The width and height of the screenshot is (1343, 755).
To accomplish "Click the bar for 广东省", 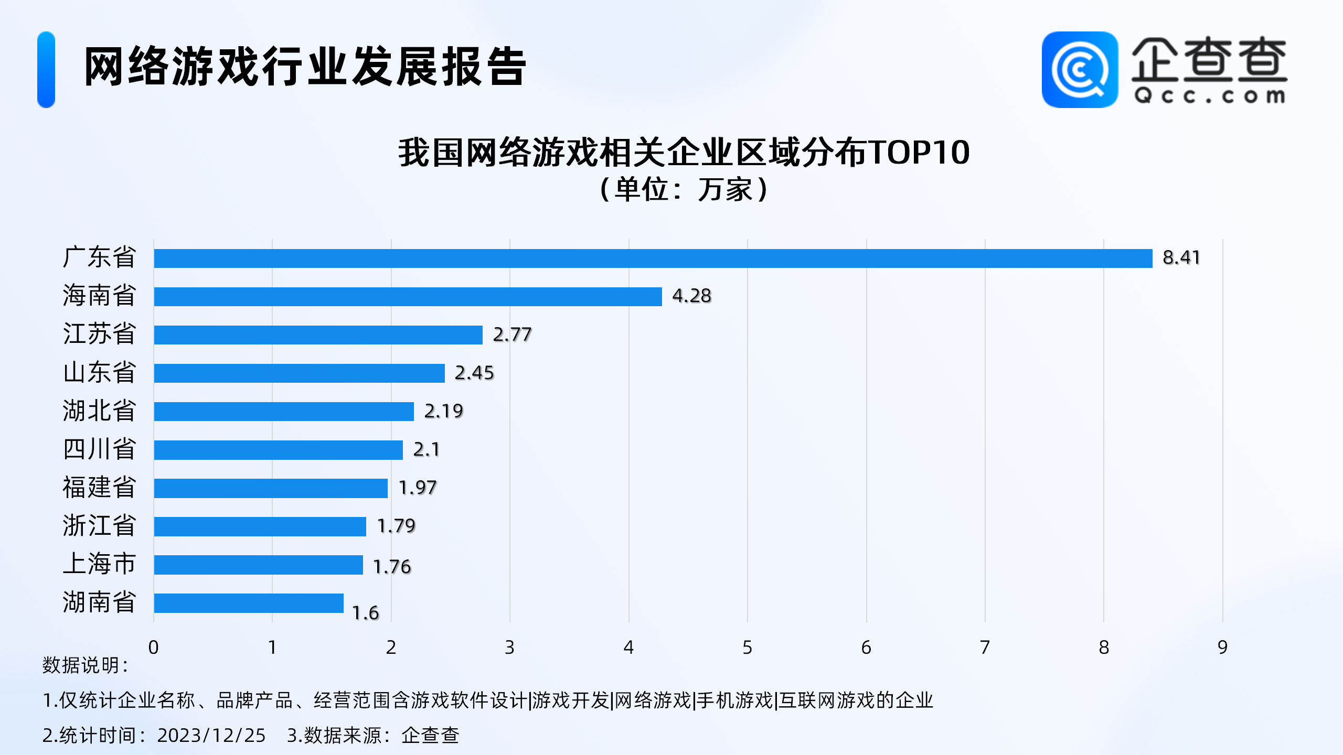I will coord(653,258).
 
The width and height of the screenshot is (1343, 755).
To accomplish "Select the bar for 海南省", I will coord(408,297).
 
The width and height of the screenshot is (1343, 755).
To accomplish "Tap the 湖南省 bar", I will coord(249,603).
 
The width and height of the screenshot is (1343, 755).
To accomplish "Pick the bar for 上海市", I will coord(258,565).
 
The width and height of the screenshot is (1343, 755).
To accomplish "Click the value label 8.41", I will coord(1181,257).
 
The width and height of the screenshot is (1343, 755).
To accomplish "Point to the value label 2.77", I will coord(512,335).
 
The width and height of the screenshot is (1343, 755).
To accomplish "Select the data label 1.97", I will coord(418,488).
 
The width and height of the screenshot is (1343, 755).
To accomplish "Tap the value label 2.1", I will coord(426,449).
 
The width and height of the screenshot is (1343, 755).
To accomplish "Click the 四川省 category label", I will coord(99,449).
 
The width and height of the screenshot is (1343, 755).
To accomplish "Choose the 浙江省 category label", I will coord(99,526).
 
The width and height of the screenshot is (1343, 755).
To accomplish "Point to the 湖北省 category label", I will coord(99,411).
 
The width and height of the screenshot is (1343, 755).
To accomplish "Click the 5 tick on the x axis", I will coord(747,648).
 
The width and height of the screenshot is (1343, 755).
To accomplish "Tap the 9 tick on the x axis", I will coord(1222,648).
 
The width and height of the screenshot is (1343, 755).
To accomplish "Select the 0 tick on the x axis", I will coord(153,648).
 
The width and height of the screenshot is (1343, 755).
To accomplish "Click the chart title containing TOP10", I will coord(684,153).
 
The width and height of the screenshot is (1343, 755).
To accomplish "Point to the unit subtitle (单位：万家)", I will coord(684,189).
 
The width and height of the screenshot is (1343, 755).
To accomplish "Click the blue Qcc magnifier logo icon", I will coord(1080,70).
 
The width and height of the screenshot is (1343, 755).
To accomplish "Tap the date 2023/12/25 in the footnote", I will coord(211,736).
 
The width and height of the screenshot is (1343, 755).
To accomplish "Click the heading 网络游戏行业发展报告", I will coord(305,67).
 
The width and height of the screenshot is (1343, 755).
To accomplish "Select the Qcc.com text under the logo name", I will coord(1209,96).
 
